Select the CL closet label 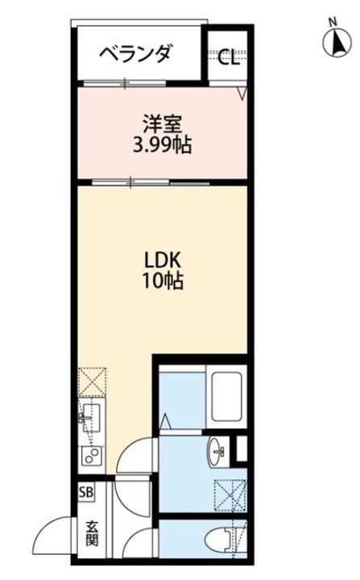click(x=228, y=57)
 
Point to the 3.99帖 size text click(x=163, y=145)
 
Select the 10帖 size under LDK click(x=163, y=282)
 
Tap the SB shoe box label click(x=86, y=493)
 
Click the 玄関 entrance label click(x=93, y=534)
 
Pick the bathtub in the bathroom click(x=226, y=397)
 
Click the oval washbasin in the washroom click(x=217, y=451)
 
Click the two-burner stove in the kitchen click(x=91, y=456)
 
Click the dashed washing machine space click(x=231, y=495)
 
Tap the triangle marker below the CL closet click(x=242, y=93)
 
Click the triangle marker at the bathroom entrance click(x=165, y=421)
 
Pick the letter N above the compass click(x=333, y=23)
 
